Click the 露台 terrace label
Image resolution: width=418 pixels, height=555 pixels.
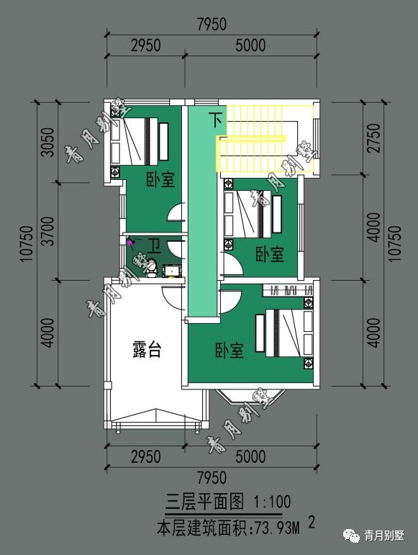click(x=147, y=349)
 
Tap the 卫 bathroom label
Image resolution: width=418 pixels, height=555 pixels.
click(x=154, y=246)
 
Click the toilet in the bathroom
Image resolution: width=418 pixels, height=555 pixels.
click(x=152, y=268)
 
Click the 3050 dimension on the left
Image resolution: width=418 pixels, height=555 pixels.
click(x=47, y=142)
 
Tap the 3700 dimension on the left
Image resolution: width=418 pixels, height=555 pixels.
click(x=47, y=231)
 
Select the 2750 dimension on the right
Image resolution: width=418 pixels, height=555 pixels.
click(x=374, y=138)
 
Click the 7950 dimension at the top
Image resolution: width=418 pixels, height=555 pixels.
click(x=212, y=24)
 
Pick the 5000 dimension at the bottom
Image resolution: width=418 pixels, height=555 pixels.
click(x=250, y=456)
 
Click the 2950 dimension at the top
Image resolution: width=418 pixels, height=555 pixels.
click(x=146, y=45)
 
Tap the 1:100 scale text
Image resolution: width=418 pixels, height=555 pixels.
click(x=272, y=502)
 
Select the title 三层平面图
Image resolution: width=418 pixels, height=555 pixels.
click(x=205, y=502)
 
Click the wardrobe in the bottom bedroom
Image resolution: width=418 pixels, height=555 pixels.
click(x=288, y=290)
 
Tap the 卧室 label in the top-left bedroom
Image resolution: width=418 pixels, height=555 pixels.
click(x=161, y=180)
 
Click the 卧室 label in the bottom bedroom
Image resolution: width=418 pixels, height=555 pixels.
click(x=230, y=351)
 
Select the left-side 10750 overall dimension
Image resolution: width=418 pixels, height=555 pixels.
click(x=27, y=244)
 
